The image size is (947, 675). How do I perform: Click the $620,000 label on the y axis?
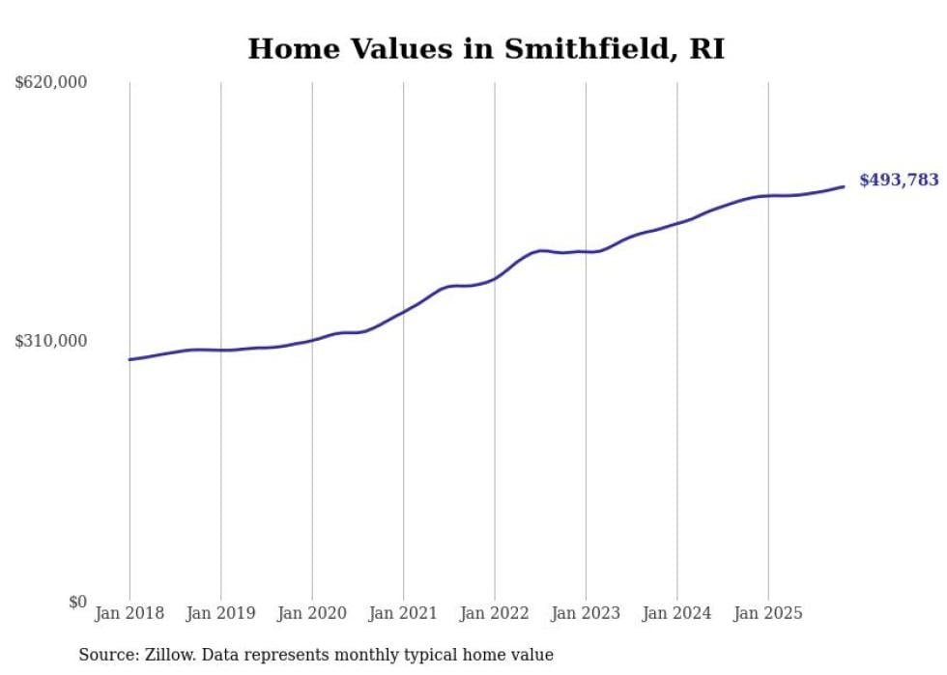(x=50, y=83)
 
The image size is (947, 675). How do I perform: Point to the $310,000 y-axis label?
(x=50, y=341)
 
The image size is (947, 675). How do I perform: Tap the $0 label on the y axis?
(x=77, y=602)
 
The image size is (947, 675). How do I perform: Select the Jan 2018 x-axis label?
(x=129, y=613)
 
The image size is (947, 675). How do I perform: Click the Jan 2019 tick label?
(x=220, y=613)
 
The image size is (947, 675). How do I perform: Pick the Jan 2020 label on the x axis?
(x=312, y=613)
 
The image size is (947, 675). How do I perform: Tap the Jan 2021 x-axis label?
(x=403, y=613)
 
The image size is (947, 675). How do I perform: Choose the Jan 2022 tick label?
(x=495, y=613)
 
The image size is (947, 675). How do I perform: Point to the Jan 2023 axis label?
(x=586, y=613)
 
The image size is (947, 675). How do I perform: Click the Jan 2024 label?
(x=677, y=613)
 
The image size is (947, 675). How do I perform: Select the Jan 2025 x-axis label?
(x=768, y=613)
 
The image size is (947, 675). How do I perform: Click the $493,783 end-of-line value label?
(x=899, y=180)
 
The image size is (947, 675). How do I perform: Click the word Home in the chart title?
(x=287, y=49)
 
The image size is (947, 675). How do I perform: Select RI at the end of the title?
(x=706, y=49)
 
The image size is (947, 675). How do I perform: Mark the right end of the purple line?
(x=844, y=186)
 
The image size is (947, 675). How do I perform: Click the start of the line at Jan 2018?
(x=129, y=359)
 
